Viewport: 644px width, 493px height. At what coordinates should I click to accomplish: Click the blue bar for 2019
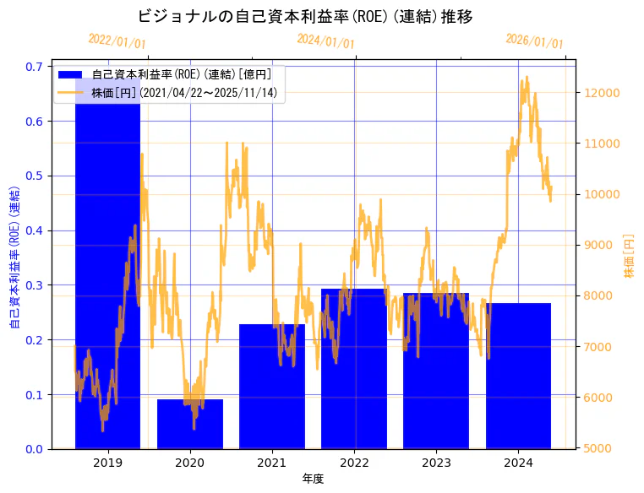[107, 270]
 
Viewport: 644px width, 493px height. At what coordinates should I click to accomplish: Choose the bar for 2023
[435, 371]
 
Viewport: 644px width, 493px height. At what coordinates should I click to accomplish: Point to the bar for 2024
[517, 376]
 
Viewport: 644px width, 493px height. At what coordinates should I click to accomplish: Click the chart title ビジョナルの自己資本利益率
[304, 16]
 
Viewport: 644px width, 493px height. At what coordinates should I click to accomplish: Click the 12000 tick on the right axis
[602, 93]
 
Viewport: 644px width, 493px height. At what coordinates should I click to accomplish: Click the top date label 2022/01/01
[117, 41]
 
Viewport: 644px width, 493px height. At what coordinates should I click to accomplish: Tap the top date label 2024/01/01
[325, 41]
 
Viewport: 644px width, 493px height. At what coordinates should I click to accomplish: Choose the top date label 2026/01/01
[534, 41]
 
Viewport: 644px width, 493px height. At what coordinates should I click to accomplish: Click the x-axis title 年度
[313, 479]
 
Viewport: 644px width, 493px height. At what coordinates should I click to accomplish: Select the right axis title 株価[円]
[629, 256]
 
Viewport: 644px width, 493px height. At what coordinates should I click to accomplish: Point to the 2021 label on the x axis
[271, 463]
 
